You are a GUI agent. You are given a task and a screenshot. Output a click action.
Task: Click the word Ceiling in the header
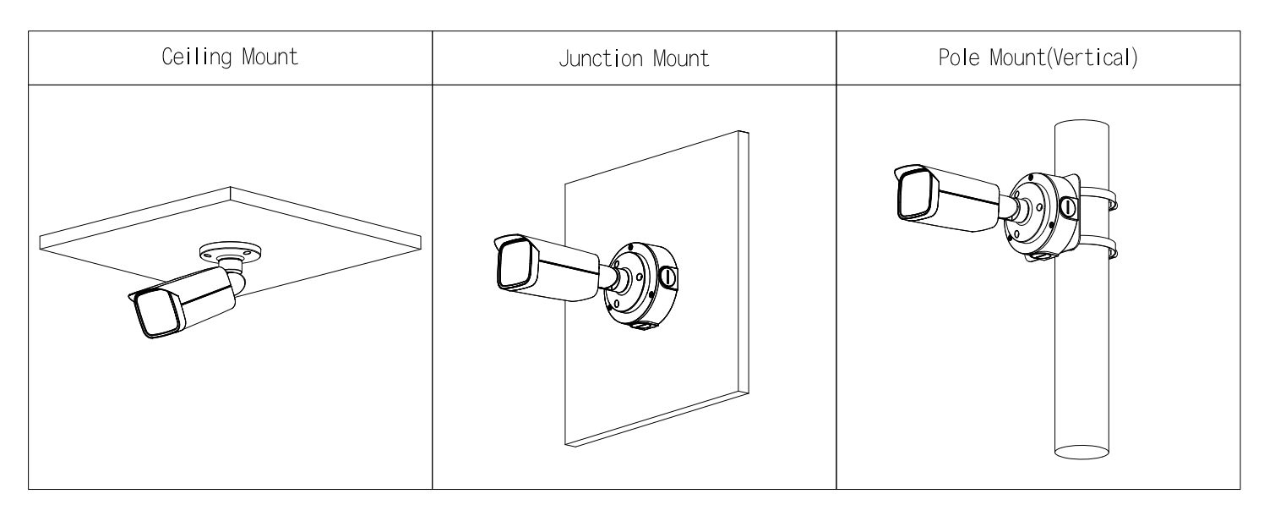pos(196,57)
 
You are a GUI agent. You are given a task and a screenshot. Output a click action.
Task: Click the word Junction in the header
pos(601,58)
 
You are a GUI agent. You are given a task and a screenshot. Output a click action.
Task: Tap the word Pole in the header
pos(959,58)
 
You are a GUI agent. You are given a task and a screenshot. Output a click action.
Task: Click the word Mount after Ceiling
pos(270,57)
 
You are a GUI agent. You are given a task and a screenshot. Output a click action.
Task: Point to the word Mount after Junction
pos(680,58)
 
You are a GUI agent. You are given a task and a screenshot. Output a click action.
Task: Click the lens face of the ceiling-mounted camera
pos(156,314)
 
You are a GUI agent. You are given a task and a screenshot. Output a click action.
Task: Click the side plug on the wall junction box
pos(668,278)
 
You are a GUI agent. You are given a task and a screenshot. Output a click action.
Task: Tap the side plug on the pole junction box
pos(1068,206)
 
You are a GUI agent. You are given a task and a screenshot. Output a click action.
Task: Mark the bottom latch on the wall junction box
pos(643,326)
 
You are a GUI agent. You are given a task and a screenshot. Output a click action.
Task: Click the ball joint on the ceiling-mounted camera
pos(237,282)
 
